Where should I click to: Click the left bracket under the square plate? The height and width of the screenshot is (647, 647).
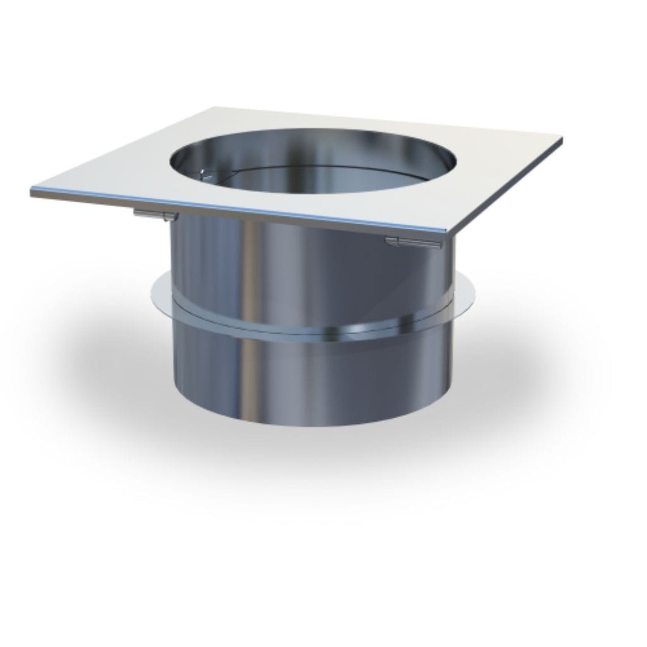[x=156, y=214]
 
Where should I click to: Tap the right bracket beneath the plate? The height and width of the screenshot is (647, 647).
[x=413, y=243]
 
